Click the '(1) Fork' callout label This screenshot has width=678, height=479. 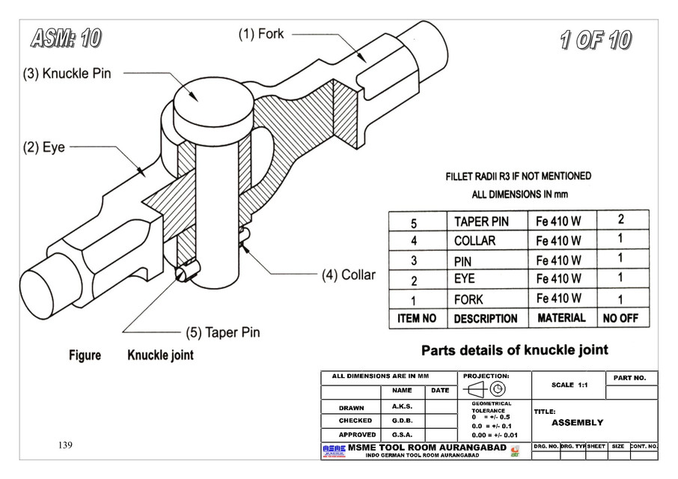pos(261,34)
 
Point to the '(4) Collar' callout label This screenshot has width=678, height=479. pos(348,275)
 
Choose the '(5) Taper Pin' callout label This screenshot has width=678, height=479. pos(222,332)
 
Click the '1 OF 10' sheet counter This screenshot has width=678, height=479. pos(595,40)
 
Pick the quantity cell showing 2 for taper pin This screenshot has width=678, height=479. pos(620,220)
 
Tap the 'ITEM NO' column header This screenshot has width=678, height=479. pos(417,318)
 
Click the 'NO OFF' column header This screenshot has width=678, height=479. pos(620,318)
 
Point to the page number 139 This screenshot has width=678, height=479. pos(65,445)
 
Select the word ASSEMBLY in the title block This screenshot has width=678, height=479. pos(577,422)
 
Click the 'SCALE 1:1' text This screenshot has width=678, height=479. pos(569,385)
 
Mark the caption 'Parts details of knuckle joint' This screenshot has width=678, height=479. pos(514,350)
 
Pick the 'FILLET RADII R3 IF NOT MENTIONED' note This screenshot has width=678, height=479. pos(517,177)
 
